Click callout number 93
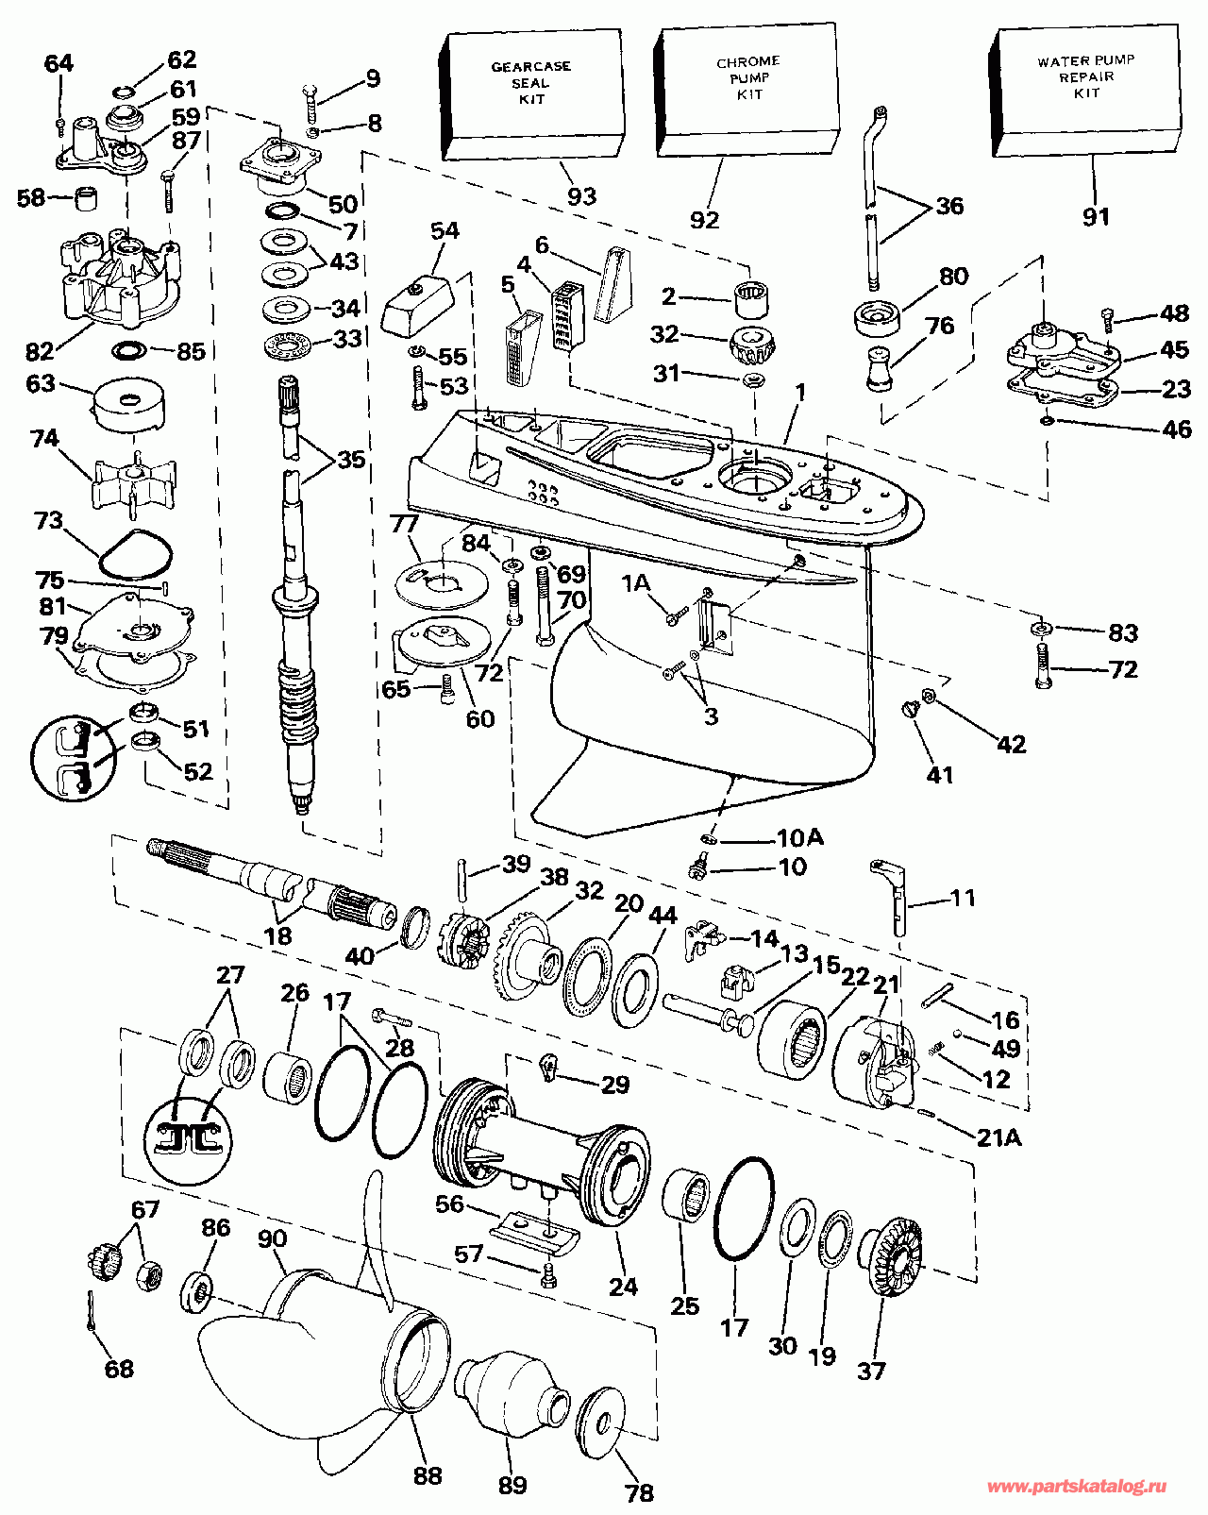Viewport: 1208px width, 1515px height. (x=581, y=195)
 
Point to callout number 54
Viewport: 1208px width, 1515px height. (x=445, y=230)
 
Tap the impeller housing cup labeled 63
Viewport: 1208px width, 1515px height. (x=129, y=406)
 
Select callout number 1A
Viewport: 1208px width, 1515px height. (x=636, y=582)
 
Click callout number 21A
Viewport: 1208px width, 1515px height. (x=998, y=1136)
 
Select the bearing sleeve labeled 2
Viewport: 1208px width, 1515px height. (x=752, y=298)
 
